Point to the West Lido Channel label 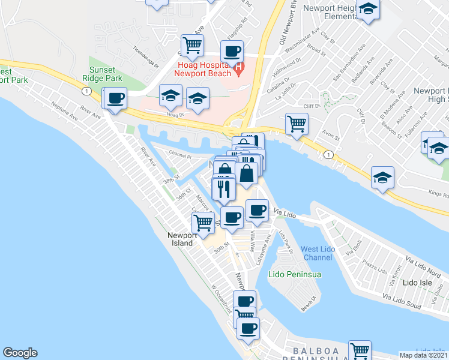318,253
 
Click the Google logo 20,353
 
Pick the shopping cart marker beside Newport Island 203,223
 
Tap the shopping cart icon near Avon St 297,124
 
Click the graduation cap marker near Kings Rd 382,178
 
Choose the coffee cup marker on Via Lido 257,210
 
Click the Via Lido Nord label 423,264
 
